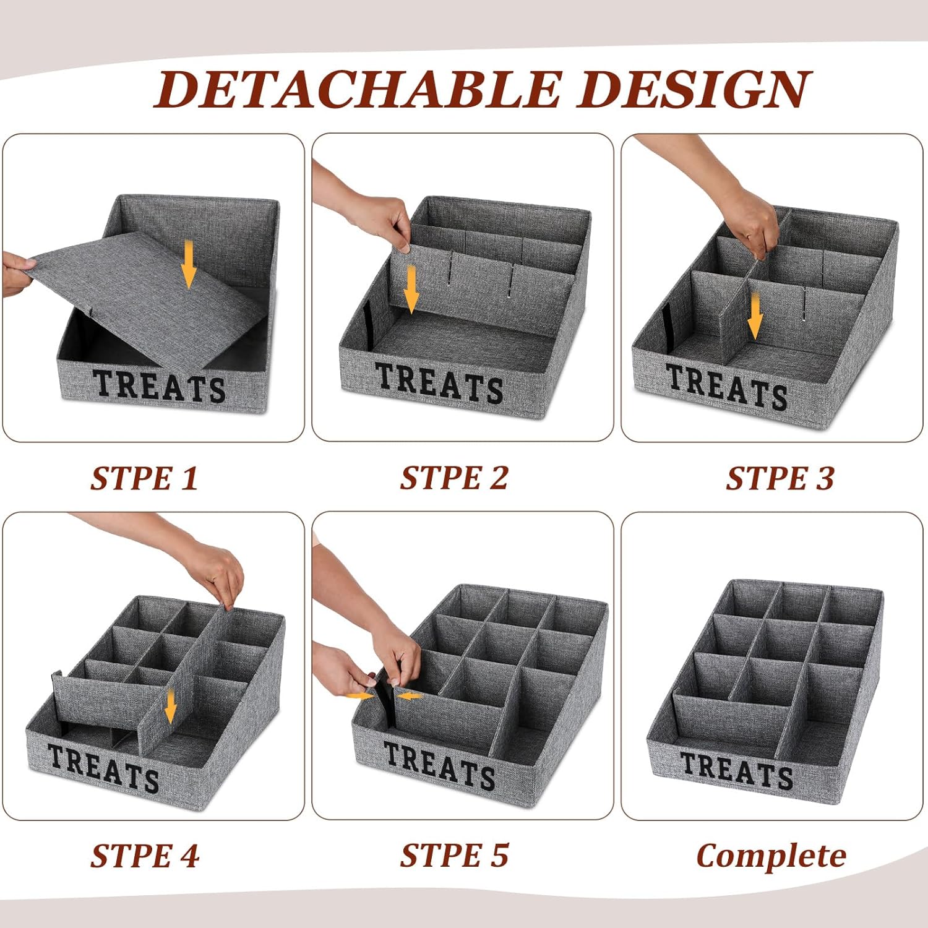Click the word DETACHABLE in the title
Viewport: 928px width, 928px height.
pos(358,90)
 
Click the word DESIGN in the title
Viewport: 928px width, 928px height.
pos(694,90)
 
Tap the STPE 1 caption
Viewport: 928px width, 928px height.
pos(144,478)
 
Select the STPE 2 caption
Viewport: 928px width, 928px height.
pos(454,478)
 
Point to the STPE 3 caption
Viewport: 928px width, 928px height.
pos(780,478)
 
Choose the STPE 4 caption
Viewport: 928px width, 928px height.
pos(145,856)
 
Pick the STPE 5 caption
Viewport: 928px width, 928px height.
pos(454,856)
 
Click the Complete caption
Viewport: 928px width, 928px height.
pos(771,856)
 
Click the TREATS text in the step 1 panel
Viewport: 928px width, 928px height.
pos(159,385)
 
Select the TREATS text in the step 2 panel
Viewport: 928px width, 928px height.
pos(439,383)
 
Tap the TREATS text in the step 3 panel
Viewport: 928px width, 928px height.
pos(726,386)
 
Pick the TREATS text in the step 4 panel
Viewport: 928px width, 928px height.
pos(103,768)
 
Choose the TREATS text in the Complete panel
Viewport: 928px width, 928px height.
pos(736,770)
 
